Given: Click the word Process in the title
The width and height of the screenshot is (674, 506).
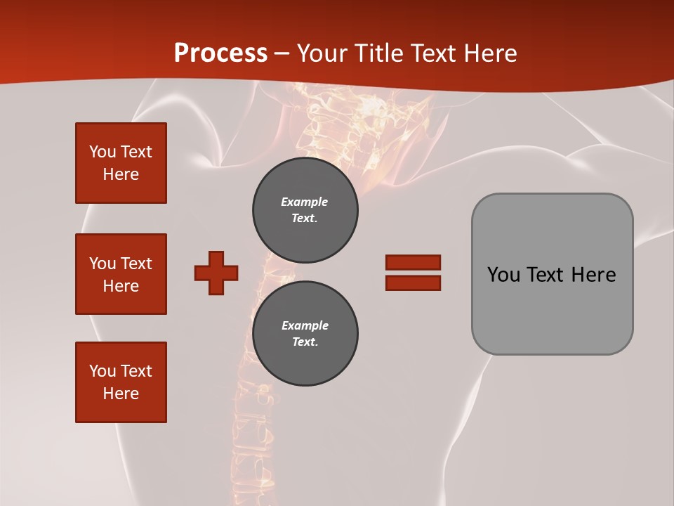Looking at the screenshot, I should (x=220, y=53).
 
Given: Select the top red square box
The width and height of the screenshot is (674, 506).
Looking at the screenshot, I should (x=121, y=163).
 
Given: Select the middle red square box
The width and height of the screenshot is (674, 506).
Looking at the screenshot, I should (x=121, y=274).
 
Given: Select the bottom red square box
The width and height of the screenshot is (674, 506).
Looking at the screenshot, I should (x=121, y=382).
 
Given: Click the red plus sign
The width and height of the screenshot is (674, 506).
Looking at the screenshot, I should (x=216, y=273).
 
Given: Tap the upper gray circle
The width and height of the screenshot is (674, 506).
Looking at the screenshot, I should (x=305, y=210).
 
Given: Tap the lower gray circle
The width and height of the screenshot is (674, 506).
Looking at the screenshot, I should (x=305, y=334).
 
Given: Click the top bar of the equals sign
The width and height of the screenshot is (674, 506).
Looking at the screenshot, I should (x=413, y=263).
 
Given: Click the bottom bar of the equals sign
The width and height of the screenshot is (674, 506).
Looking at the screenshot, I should (x=413, y=283).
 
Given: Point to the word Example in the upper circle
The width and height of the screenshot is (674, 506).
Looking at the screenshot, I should (x=305, y=202).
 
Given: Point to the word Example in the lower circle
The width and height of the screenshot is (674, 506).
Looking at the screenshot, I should (x=305, y=325).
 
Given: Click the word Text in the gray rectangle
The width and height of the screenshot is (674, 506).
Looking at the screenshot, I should (x=546, y=275).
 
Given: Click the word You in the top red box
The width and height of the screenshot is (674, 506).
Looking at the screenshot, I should (x=102, y=152).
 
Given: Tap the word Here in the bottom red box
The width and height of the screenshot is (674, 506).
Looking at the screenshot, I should (x=121, y=394).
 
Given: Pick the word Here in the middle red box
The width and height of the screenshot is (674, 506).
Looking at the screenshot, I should (x=121, y=286).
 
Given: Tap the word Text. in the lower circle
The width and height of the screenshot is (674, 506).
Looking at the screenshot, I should (x=305, y=342).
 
